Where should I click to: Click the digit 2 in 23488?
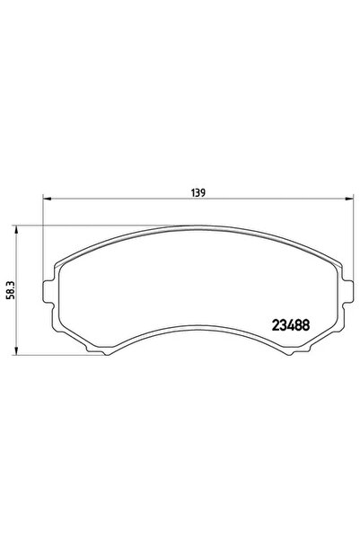[x=275, y=325]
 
